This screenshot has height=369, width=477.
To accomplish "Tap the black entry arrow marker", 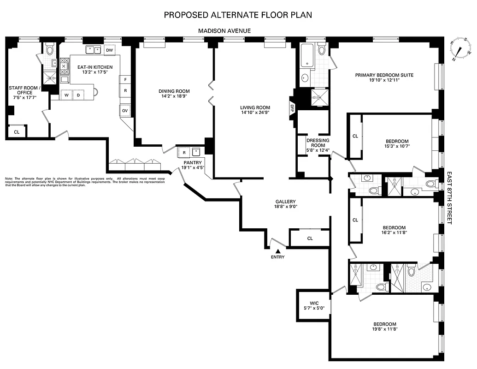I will [x=277, y=250].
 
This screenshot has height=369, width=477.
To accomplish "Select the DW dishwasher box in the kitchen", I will [x=109, y=50].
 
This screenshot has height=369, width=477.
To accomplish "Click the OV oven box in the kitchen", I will [x=125, y=111].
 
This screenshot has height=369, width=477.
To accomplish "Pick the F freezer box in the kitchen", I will [x=125, y=80].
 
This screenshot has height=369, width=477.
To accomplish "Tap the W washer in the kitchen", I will [x=67, y=95].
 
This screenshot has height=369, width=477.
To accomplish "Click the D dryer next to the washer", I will [x=78, y=95].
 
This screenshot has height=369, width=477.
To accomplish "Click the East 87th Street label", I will [x=449, y=198].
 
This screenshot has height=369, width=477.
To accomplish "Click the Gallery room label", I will [x=285, y=204].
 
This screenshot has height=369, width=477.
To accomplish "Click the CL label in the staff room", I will [x=17, y=132].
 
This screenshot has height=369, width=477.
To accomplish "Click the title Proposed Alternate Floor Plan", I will [x=238, y=15].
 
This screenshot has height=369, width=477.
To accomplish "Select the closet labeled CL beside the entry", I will [x=310, y=238].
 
